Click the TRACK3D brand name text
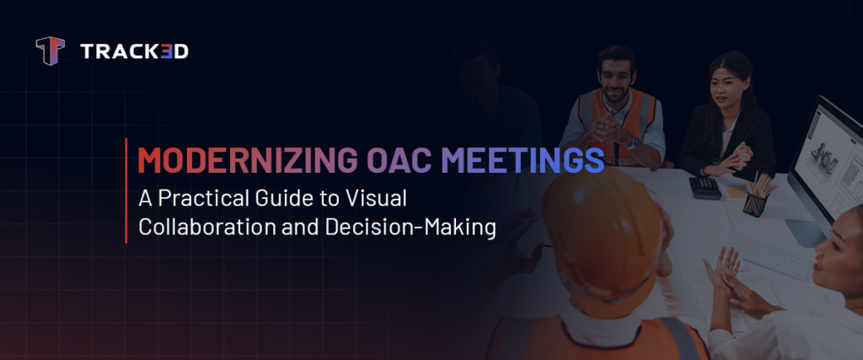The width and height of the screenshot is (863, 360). (x=134, y=52)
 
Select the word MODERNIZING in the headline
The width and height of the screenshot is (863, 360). (x=222, y=160)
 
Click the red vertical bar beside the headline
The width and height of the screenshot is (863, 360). (x=126, y=191)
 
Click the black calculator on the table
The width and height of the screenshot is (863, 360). (x=705, y=187)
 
